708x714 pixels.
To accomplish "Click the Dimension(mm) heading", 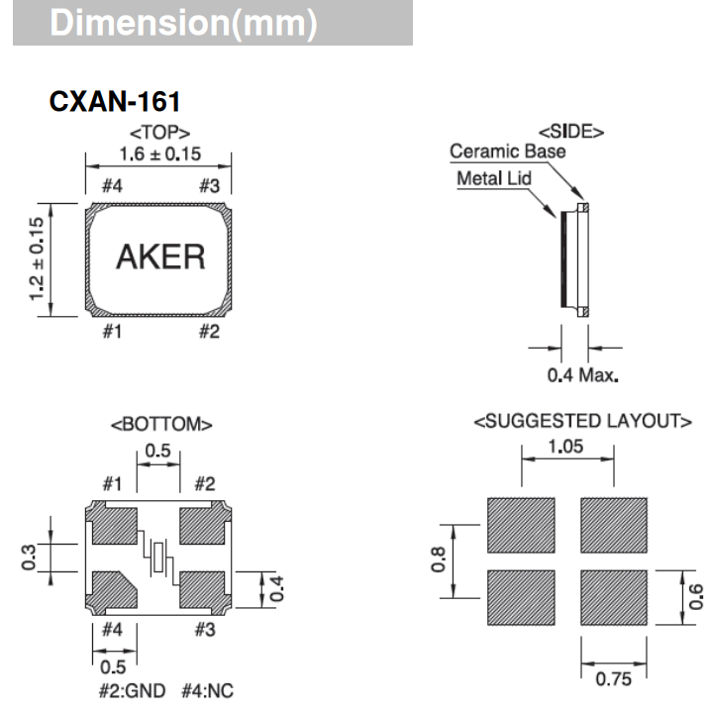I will (x=183, y=25).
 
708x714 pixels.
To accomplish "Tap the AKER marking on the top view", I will (x=160, y=256).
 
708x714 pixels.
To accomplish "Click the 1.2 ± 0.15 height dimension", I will (x=38, y=259).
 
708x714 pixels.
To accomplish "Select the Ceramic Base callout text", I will (x=508, y=152).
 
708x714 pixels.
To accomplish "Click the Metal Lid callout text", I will (x=494, y=179).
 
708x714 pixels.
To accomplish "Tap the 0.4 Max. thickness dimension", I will (x=583, y=375).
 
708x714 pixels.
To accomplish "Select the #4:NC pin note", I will (x=206, y=690).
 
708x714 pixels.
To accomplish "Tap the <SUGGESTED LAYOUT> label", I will (x=582, y=422).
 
